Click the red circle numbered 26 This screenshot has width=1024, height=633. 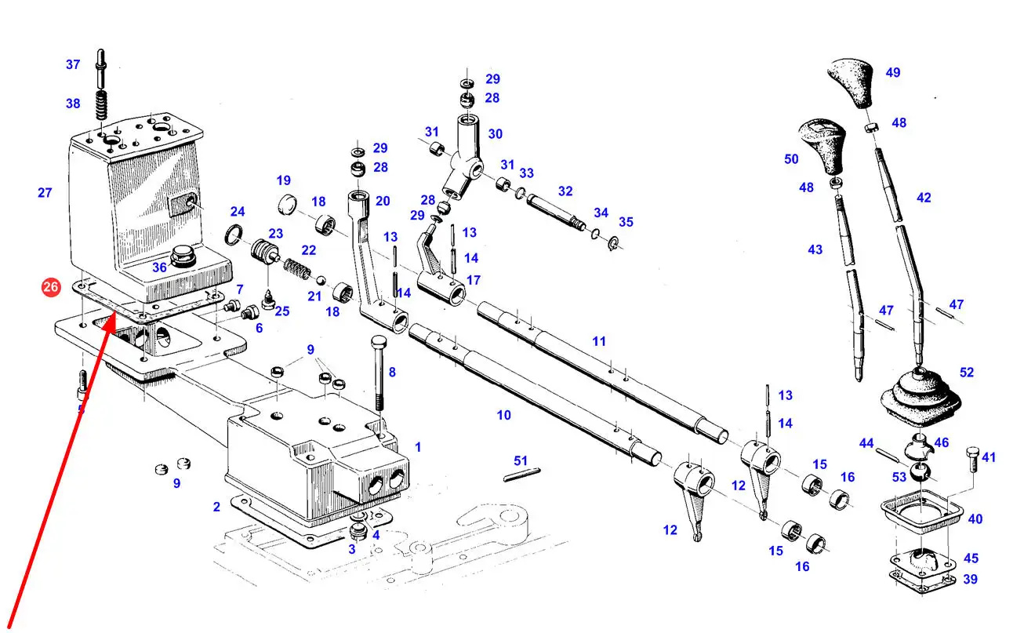50,288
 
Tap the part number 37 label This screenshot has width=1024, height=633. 73,64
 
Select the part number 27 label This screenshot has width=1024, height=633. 45,192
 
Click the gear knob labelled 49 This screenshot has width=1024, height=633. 854,81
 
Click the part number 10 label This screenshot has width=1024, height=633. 503,414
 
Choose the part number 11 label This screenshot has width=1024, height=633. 599,341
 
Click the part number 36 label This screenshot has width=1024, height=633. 159,267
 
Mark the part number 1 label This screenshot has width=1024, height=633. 418,447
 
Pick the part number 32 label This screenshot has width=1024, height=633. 565,191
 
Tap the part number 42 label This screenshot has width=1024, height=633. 924,198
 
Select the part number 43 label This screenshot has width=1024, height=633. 815,249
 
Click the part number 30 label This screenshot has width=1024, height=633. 495,134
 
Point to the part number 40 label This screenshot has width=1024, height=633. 975,518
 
